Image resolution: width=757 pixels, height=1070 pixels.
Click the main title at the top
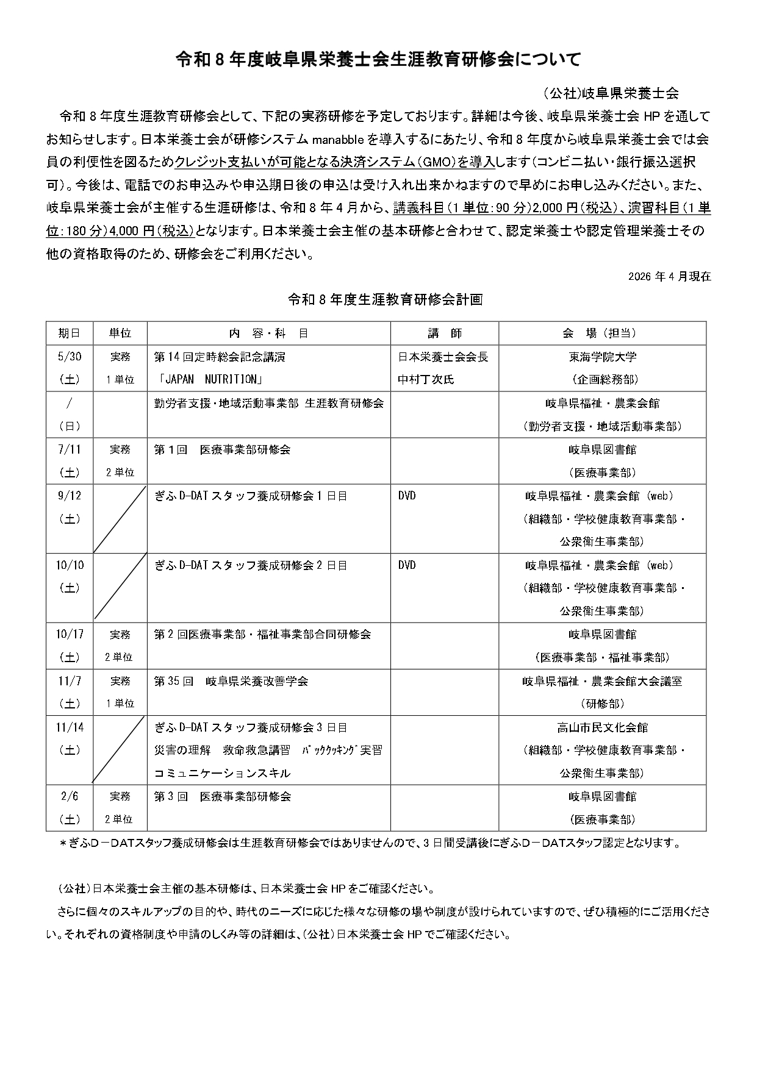378,59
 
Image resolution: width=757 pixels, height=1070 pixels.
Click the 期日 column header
69,333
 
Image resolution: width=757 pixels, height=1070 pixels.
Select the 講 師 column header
444,333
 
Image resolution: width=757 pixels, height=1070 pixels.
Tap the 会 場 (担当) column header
602,333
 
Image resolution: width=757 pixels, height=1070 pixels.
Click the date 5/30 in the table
69,357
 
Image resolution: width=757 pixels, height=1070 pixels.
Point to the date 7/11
69,449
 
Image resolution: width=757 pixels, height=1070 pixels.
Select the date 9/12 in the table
69,496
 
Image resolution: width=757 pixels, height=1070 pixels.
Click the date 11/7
69,681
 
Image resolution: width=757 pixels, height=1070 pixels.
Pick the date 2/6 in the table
69,796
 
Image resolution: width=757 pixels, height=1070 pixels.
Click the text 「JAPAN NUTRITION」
209,380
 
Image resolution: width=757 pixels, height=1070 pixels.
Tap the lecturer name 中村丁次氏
426,380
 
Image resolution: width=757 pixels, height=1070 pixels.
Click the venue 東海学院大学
602,357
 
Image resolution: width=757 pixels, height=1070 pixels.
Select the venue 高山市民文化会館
602,727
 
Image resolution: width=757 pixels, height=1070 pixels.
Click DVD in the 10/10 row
407,565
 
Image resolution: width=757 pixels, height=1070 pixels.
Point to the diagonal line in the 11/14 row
120,750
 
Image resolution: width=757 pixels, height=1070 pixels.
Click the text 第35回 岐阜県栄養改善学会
231,681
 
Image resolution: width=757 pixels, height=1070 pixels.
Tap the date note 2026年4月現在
669,276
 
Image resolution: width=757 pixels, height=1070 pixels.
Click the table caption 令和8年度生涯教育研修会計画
385,299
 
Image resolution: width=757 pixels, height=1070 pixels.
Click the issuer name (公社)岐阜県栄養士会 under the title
611,93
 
